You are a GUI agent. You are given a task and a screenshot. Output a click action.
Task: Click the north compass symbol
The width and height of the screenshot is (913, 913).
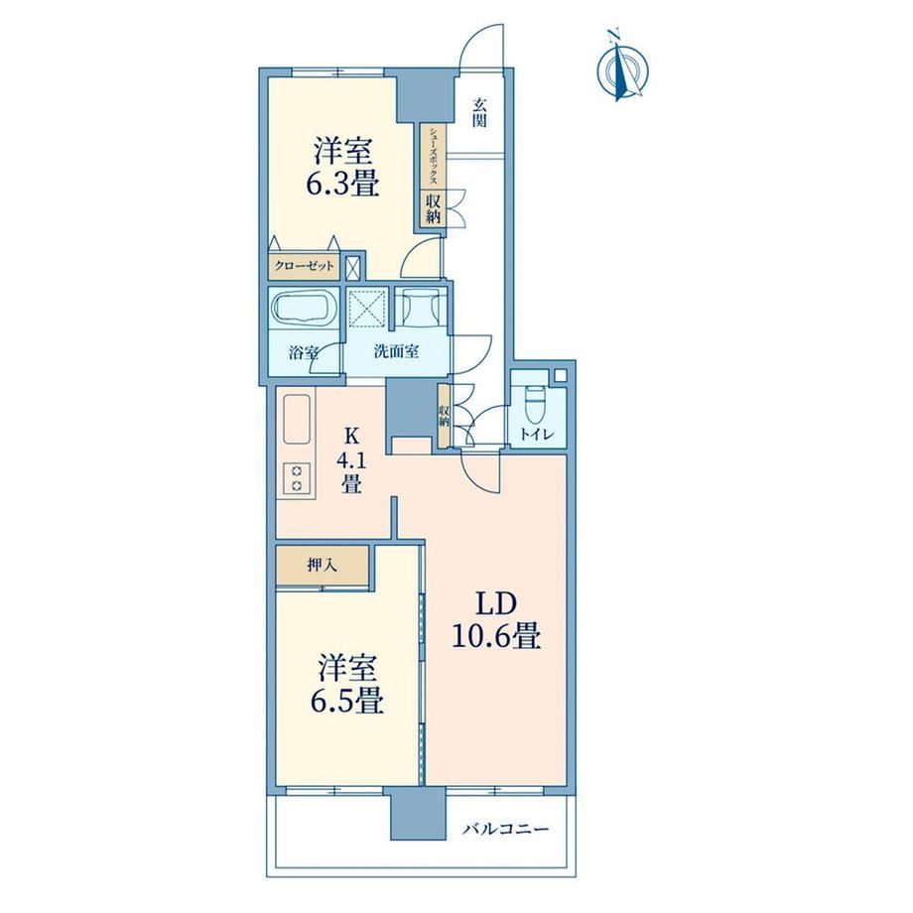[x=622, y=68]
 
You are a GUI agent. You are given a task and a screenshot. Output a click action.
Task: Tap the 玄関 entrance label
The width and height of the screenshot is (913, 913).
[x=479, y=113]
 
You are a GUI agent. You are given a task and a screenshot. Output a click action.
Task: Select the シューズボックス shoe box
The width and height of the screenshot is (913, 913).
[x=434, y=157]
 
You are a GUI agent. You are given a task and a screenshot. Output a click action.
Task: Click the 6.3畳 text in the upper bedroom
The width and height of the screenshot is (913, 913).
[x=343, y=184]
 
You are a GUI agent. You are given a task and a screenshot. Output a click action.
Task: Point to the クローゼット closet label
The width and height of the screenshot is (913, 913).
[x=304, y=266]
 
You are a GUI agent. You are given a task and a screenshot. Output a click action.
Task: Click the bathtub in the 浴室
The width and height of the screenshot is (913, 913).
[x=304, y=309]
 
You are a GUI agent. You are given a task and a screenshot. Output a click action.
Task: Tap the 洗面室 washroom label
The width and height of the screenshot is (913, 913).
[x=396, y=351]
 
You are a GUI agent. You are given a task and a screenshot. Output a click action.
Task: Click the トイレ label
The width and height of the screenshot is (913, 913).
[x=536, y=435]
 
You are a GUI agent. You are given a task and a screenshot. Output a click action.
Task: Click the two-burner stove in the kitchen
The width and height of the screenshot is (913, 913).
[x=297, y=478]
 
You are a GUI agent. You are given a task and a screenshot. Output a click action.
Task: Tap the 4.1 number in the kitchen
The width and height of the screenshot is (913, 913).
[x=350, y=460]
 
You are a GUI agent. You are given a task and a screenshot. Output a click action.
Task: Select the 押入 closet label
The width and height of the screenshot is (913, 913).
[x=322, y=565]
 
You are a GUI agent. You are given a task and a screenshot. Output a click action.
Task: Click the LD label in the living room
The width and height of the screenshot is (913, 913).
[x=496, y=605]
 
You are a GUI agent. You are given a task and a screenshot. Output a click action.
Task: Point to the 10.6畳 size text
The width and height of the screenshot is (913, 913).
[x=496, y=636]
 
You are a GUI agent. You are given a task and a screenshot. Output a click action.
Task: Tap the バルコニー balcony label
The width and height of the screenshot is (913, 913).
[x=505, y=829]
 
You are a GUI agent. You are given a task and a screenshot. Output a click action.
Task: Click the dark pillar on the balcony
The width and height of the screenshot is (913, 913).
[x=418, y=814]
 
